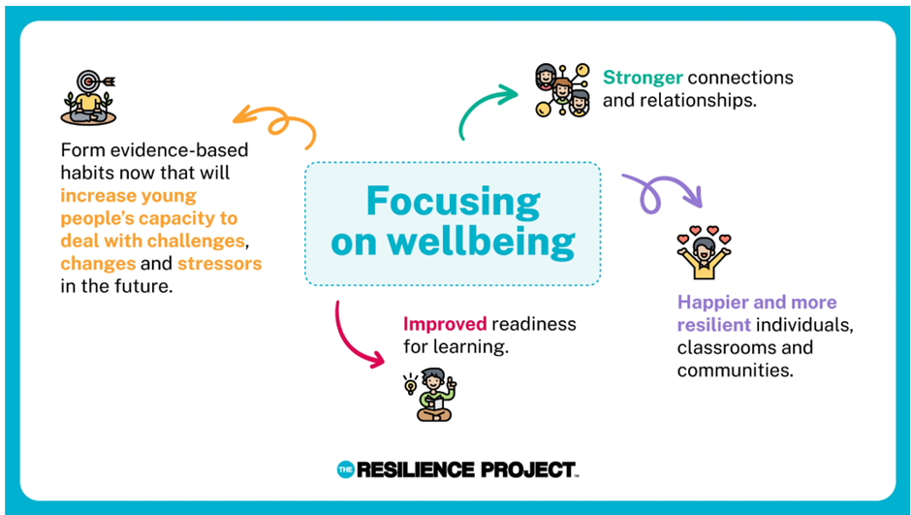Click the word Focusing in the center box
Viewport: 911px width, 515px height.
point(454,203)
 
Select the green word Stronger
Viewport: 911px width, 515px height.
point(643,78)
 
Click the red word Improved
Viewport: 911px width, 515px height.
point(445,324)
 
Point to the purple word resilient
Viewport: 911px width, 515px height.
point(714,324)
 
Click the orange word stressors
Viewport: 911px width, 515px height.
point(220,263)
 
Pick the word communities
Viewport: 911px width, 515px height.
point(735,370)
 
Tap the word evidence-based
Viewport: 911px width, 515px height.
point(179,150)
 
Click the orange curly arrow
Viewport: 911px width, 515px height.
point(275,119)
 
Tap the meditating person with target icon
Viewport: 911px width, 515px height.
point(88,97)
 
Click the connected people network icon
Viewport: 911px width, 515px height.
point(562,90)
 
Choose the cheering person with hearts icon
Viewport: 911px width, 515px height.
point(705,252)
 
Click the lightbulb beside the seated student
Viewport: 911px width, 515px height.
point(410,384)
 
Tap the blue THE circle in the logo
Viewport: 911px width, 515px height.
point(345,469)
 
